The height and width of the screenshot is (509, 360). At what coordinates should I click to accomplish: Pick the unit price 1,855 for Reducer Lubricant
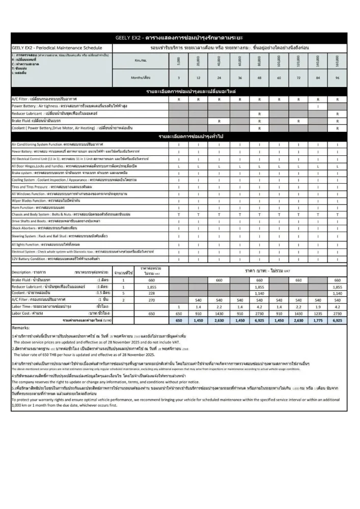pyautogui.click(x=151, y=287)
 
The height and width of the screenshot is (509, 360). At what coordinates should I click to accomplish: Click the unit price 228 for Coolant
pyautogui.click(x=151, y=293)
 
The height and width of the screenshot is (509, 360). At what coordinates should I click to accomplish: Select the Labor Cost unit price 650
pyautogui.click(x=151, y=314)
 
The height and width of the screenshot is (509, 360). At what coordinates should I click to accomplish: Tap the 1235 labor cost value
pyautogui.click(x=317, y=314)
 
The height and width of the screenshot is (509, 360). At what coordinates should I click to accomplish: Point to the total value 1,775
pyautogui.click(x=317, y=321)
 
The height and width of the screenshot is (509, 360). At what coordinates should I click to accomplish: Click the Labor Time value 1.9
pyautogui.click(x=317, y=307)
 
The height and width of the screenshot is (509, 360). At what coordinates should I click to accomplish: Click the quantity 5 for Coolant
pyautogui.click(x=123, y=293)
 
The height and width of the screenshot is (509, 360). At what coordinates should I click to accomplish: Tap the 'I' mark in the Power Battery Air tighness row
pyautogui.click(x=317, y=106)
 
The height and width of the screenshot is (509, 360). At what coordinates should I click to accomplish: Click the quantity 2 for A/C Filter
pyautogui.click(x=123, y=300)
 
